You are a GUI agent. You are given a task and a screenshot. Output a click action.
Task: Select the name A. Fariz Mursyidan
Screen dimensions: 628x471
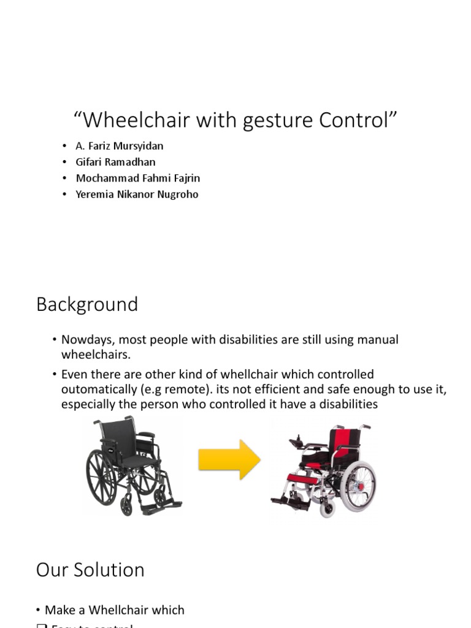pos(120,147)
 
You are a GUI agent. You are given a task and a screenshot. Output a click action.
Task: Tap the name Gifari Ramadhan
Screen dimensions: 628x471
pos(115,163)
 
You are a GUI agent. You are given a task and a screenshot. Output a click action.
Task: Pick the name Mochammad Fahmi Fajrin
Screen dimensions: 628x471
pos(138,178)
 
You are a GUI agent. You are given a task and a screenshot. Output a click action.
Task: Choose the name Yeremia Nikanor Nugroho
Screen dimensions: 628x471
pos(137,194)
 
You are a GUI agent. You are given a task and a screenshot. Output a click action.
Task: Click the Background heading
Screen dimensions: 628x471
pos(87,305)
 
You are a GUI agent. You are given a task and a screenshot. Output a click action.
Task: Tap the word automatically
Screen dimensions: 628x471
pos(98,389)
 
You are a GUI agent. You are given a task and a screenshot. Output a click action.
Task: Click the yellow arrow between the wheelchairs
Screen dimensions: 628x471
pos(229,459)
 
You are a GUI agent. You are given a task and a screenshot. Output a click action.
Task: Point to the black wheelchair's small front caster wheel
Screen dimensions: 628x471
pos(126,507)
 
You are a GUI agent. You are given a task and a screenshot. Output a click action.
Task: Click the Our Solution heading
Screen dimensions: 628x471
pos(90,570)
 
